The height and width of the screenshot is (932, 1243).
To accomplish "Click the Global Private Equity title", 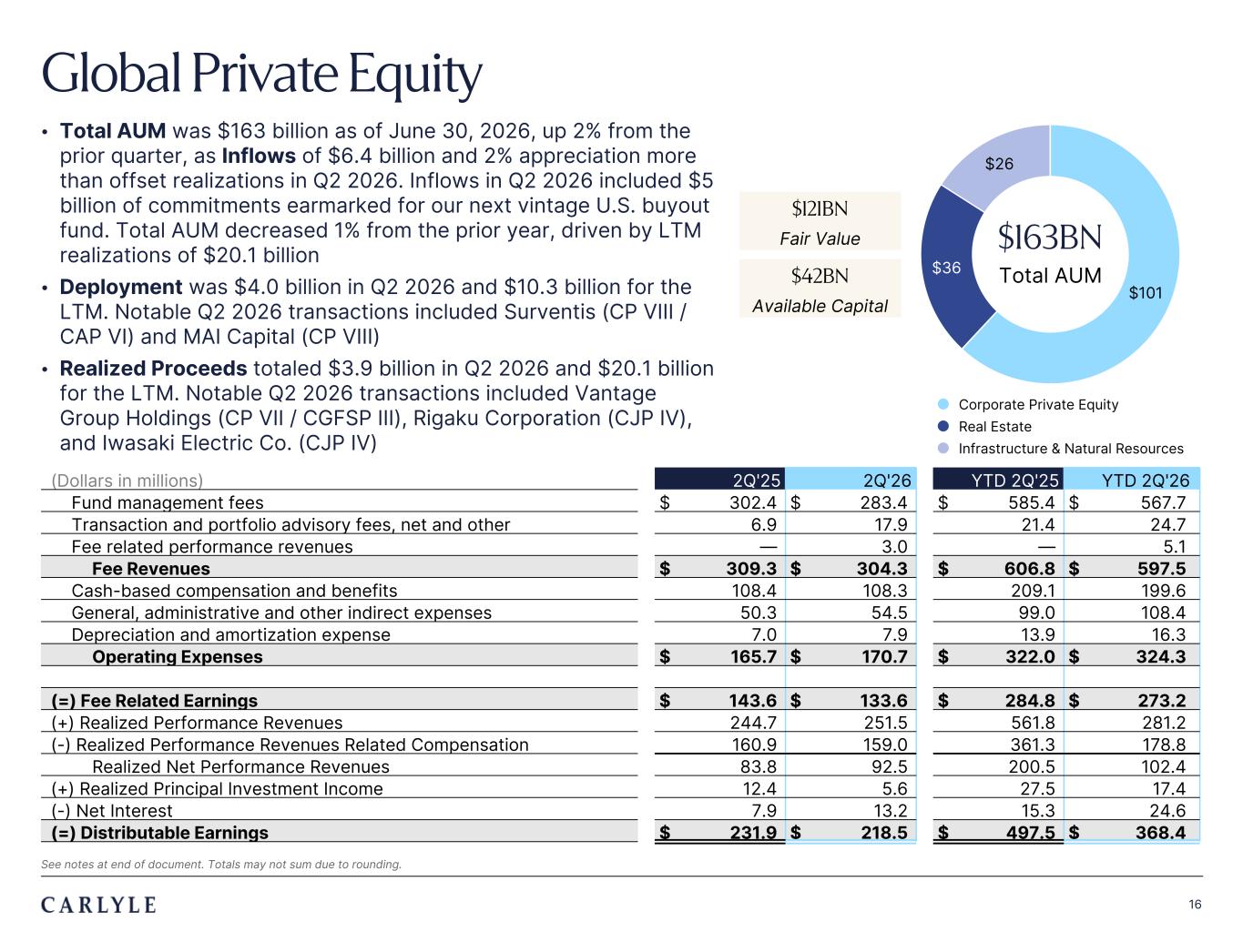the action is click(261, 74).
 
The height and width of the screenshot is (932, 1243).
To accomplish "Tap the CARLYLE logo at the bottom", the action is click(98, 905).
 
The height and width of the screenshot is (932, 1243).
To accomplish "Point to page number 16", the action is click(1195, 905).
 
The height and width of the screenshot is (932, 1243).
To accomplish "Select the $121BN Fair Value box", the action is click(820, 221).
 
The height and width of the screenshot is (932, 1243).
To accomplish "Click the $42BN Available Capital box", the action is click(820, 289).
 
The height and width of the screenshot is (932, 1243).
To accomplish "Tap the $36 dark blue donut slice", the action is click(952, 266).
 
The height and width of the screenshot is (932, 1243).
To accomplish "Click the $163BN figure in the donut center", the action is click(1049, 238).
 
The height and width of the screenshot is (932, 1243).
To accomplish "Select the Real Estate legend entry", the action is click(984, 427).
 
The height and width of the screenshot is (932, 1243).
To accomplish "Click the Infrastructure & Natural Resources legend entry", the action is click(1061, 449).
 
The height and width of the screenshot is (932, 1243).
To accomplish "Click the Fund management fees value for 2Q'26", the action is click(883, 502).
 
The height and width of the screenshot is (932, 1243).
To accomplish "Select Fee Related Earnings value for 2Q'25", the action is click(752, 701).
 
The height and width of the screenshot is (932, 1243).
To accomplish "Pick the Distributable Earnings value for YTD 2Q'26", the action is click(1160, 833).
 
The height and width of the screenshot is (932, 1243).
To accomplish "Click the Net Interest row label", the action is click(112, 811).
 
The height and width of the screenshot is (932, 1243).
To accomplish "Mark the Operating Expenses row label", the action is click(178, 656).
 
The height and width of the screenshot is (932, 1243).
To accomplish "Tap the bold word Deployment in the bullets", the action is click(121, 287).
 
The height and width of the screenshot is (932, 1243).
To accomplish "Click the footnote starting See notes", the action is click(221, 864).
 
